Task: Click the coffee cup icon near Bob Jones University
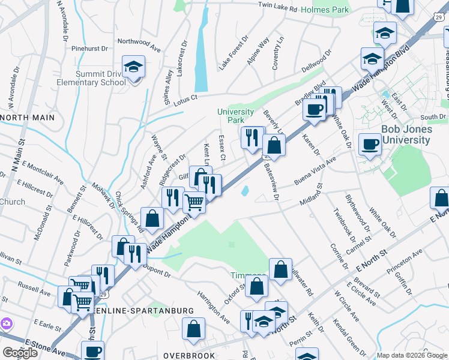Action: [x=370, y=144]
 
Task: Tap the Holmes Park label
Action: [x=325, y=10]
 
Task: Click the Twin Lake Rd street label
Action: [x=277, y=9]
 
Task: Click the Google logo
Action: [x=20, y=353]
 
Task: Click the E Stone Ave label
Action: [x=45, y=347]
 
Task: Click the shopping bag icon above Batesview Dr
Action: [x=274, y=146]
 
